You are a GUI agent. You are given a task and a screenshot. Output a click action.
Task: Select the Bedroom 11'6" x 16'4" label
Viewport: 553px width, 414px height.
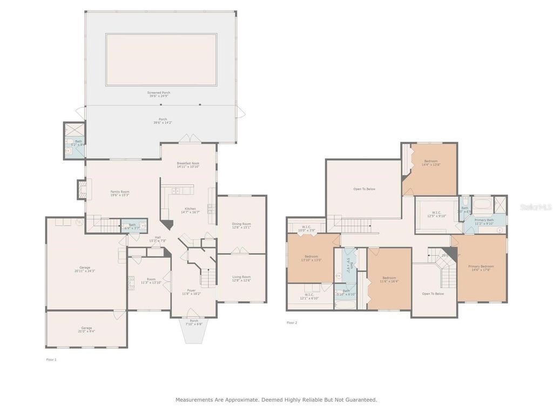pos(389,279)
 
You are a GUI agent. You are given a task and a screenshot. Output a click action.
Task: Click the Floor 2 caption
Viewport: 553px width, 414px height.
pos(292,322)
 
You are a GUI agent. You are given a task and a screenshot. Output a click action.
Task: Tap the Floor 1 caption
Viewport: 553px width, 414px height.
pos(51,359)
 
